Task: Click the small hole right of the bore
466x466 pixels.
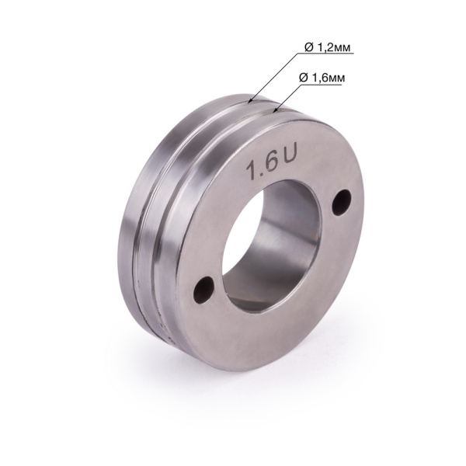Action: click(x=339, y=203)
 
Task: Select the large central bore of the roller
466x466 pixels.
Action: click(x=272, y=241)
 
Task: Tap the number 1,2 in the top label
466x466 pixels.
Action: click(x=324, y=48)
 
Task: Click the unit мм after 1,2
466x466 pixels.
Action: click(x=342, y=48)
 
